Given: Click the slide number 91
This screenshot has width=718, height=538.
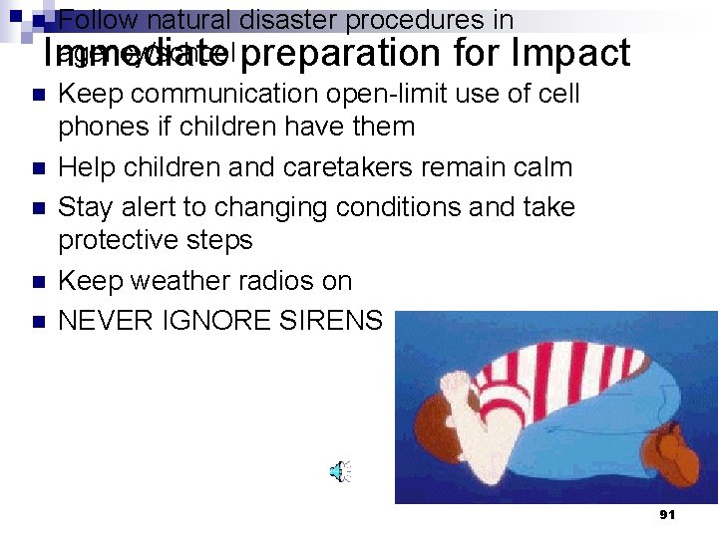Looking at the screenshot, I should [668, 514].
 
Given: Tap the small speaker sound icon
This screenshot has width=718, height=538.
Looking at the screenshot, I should [340, 471].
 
